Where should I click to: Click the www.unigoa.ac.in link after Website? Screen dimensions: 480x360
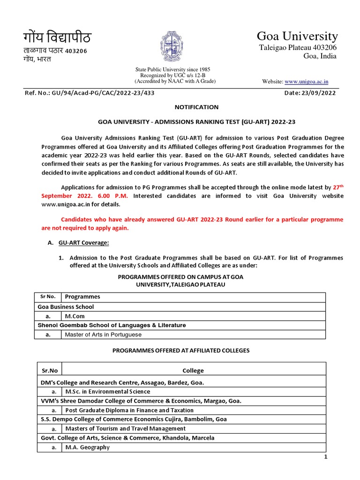coord(306,82)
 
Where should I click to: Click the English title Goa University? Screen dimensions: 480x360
coord(297,36)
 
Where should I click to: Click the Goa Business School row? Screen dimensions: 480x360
coord(66,307)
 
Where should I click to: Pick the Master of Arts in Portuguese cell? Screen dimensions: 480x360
coord(103,335)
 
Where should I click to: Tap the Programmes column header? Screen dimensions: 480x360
coord(82,297)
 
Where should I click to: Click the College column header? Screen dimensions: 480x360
coord(193,370)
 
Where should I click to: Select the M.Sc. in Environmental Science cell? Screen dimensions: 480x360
coord(107,391)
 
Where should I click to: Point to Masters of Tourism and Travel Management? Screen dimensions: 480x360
coord(125,428)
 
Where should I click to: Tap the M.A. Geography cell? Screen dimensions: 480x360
coord(87,447)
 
